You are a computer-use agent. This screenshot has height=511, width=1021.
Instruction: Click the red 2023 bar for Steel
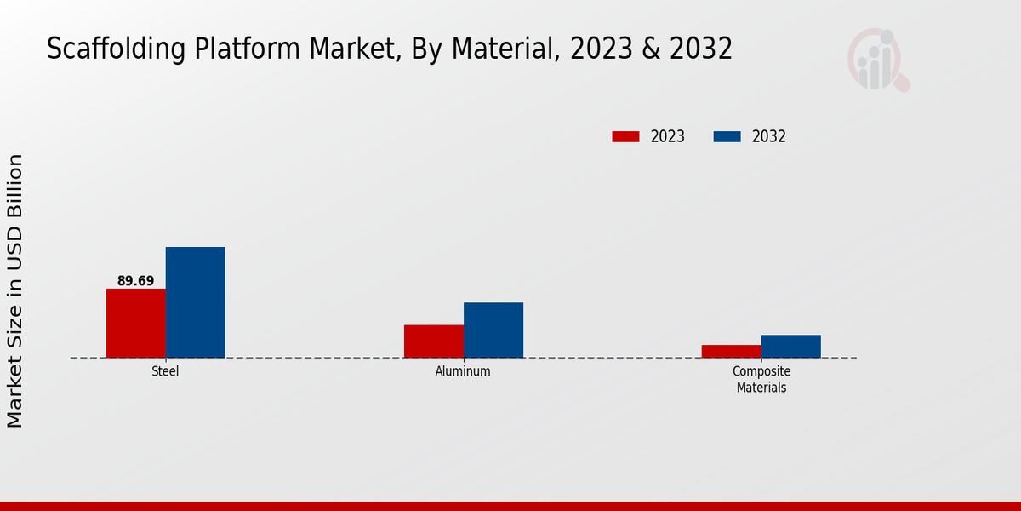coord(135,323)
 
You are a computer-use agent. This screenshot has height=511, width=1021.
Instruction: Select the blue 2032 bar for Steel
coord(195,302)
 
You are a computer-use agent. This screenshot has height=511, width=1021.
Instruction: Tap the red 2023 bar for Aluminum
coord(433,341)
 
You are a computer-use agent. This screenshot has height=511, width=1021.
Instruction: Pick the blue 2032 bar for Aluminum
coord(493,330)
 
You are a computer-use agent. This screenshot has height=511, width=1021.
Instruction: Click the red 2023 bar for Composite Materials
coord(731,351)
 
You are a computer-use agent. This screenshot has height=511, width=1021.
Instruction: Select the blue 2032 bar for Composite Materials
coord(790,346)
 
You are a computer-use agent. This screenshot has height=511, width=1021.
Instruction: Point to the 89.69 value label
coord(135,281)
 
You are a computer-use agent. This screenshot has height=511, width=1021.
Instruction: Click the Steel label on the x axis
coord(165,372)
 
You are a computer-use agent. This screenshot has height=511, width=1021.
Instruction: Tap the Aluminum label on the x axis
coord(463,372)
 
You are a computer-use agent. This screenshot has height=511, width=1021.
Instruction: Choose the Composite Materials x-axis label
coord(761,380)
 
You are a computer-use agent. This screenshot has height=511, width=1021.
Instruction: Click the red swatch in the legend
coord(625,136)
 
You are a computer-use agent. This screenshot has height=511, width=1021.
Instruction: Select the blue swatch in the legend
coord(727,136)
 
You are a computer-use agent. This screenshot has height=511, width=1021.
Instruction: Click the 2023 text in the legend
coord(668,136)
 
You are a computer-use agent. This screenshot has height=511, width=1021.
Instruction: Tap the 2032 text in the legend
coord(769,136)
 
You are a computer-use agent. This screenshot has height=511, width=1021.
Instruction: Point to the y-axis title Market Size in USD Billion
coord(15,290)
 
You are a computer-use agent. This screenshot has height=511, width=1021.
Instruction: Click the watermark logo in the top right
coord(877,60)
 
